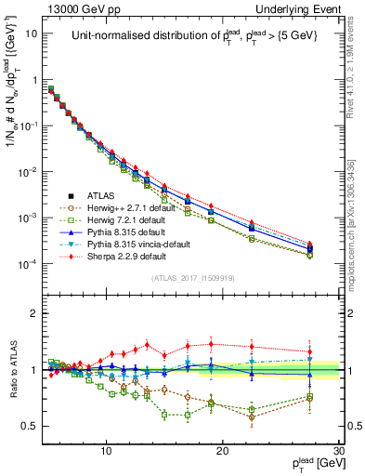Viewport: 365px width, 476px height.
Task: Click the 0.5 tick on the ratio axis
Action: (x=30, y=426)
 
